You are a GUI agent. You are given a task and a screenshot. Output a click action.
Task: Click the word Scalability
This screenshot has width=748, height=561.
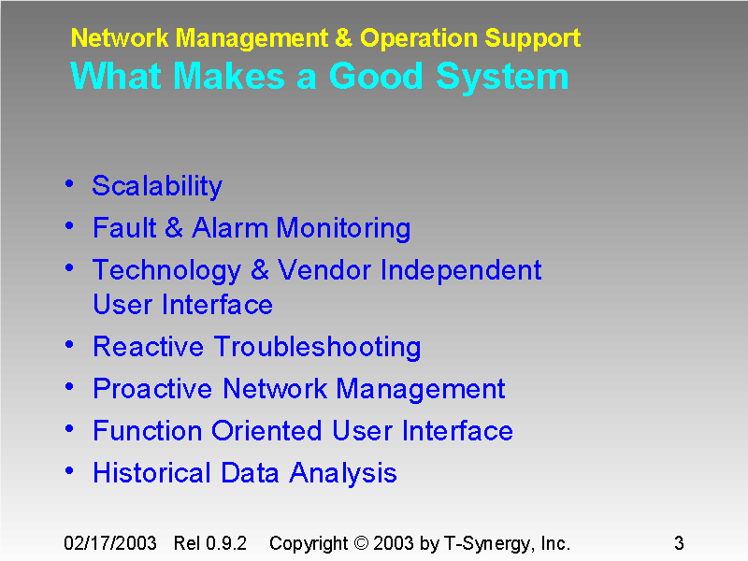[x=157, y=186]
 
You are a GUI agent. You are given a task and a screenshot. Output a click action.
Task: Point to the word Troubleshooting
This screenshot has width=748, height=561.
[x=317, y=347]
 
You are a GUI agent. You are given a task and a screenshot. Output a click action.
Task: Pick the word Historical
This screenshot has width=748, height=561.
[x=152, y=473]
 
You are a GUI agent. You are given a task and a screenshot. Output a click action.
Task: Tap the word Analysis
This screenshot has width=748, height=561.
[x=343, y=473]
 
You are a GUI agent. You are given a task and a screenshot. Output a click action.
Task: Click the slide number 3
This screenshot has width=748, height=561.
[x=679, y=543]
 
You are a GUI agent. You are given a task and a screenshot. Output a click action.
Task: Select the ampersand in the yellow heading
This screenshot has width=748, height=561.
[x=344, y=38]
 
